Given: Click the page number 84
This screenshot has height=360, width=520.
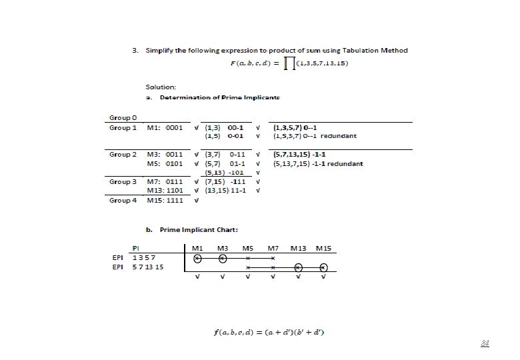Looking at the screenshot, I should (485, 344).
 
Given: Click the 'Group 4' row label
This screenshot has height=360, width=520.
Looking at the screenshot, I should (123, 200).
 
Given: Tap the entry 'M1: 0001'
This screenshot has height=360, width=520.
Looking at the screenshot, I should (165, 127).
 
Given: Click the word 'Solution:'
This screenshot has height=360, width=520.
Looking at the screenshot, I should (161, 87).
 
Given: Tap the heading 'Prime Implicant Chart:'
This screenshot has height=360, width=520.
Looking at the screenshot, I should (192, 231).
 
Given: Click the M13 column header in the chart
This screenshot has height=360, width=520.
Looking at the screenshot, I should (298, 249).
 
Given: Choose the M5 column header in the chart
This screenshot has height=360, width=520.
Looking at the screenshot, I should (247, 249).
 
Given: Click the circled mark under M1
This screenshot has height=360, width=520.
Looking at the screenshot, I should (197, 258).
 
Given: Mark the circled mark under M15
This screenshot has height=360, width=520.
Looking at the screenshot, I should (323, 267).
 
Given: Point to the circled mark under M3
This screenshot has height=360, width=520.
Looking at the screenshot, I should (223, 258).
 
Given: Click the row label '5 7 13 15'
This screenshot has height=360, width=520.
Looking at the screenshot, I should (148, 267).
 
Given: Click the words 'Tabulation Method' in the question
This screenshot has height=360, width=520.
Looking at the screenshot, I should (378, 50).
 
